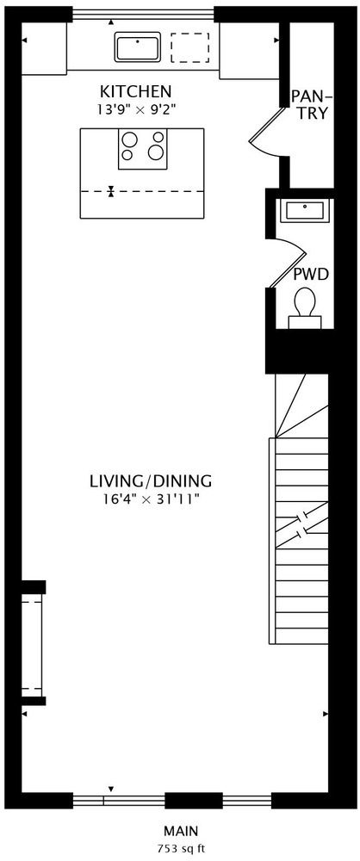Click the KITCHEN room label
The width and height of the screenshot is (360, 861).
136,91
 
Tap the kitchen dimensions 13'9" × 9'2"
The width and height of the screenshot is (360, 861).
136,109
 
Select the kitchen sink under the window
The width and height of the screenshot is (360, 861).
138,46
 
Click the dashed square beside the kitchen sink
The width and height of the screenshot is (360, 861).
189,47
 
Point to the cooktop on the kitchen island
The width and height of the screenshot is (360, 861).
143,149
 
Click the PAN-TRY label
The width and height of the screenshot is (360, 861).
311,104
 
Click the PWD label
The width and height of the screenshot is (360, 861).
311,274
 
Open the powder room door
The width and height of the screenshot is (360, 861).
289,263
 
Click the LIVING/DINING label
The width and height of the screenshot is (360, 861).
151,481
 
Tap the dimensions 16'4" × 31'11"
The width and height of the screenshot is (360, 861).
151,499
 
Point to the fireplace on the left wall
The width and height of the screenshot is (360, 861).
33,643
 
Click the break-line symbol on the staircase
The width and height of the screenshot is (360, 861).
301,526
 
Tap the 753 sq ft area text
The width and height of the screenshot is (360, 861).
181,848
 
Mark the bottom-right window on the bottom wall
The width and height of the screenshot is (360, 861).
247,801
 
